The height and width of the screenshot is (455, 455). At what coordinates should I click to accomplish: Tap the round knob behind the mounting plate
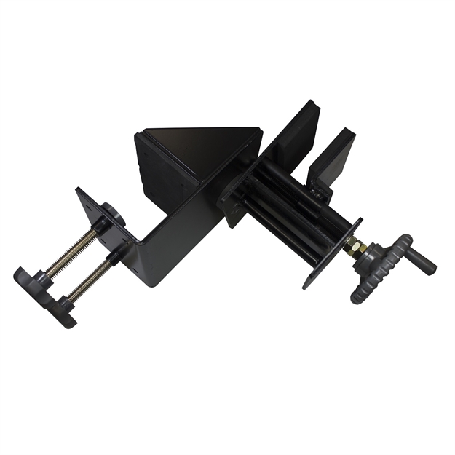point(114,215)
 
